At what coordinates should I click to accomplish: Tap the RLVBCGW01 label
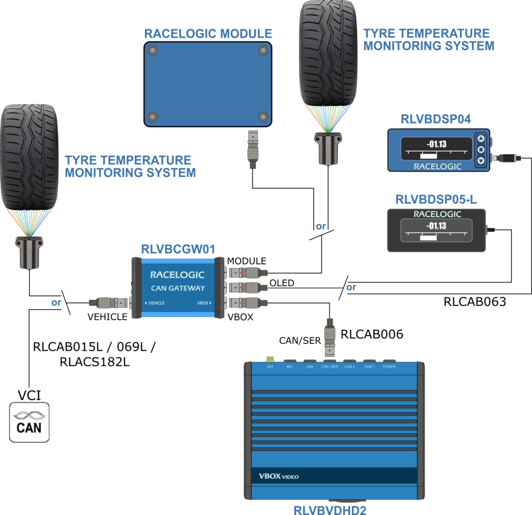click(x=177, y=249)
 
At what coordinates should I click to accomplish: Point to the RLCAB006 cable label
click(x=372, y=334)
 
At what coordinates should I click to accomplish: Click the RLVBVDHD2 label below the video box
click(x=334, y=509)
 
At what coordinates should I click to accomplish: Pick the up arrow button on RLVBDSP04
click(x=481, y=138)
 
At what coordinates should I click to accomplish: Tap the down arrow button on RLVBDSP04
click(x=481, y=160)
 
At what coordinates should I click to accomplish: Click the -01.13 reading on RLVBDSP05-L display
click(x=436, y=226)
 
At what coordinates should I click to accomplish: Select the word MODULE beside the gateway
click(x=247, y=261)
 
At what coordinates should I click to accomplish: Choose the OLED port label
click(x=281, y=282)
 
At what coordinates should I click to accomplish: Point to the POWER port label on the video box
click(x=389, y=367)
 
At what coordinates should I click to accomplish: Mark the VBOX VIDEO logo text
click(x=279, y=477)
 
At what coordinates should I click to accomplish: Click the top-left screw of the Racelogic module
click(x=153, y=50)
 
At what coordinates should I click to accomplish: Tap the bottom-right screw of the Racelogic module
click(x=263, y=116)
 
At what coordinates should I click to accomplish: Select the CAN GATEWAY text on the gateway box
click(x=177, y=289)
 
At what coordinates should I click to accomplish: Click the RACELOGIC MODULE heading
click(x=208, y=34)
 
